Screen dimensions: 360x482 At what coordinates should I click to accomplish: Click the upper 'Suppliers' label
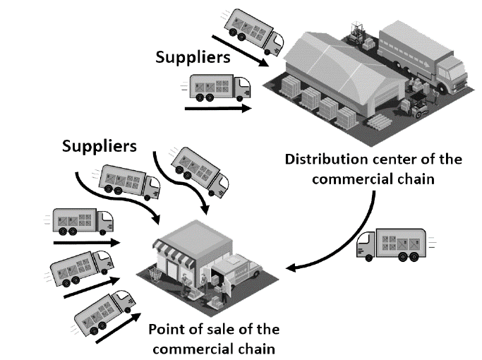coord(192,56)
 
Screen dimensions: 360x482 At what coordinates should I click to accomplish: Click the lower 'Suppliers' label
coord(100,147)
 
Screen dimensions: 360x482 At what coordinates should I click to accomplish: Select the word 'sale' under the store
coord(217,330)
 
